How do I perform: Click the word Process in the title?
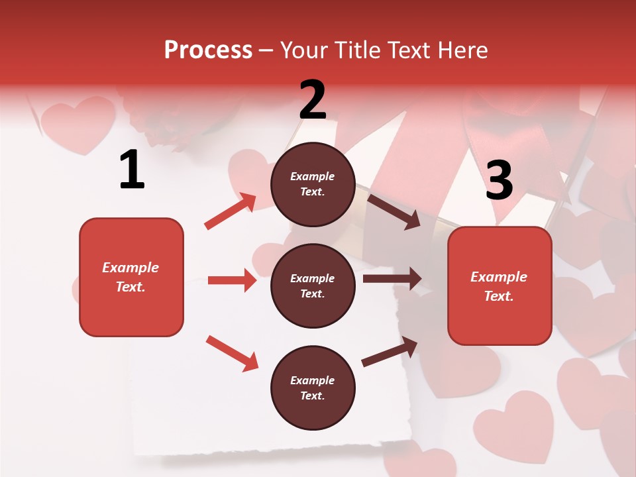pyautogui.click(x=208, y=50)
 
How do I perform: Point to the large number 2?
pyautogui.click(x=313, y=100)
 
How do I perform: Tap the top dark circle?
pyautogui.click(x=313, y=184)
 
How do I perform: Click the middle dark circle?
pyautogui.click(x=313, y=286)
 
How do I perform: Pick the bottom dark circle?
pyautogui.click(x=313, y=388)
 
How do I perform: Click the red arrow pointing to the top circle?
pyautogui.click(x=231, y=211)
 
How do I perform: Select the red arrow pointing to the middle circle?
pyautogui.click(x=232, y=280)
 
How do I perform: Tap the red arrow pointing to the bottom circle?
pyautogui.click(x=232, y=353)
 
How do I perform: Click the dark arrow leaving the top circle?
pyautogui.click(x=394, y=211)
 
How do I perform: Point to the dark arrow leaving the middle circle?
pyautogui.click(x=392, y=279)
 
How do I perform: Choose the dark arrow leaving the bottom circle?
pyautogui.click(x=390, y=351)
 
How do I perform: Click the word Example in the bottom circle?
pyautogui.click(x=312, y=380)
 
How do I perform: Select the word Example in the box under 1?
pyautogui.click(x=131, y=268)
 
